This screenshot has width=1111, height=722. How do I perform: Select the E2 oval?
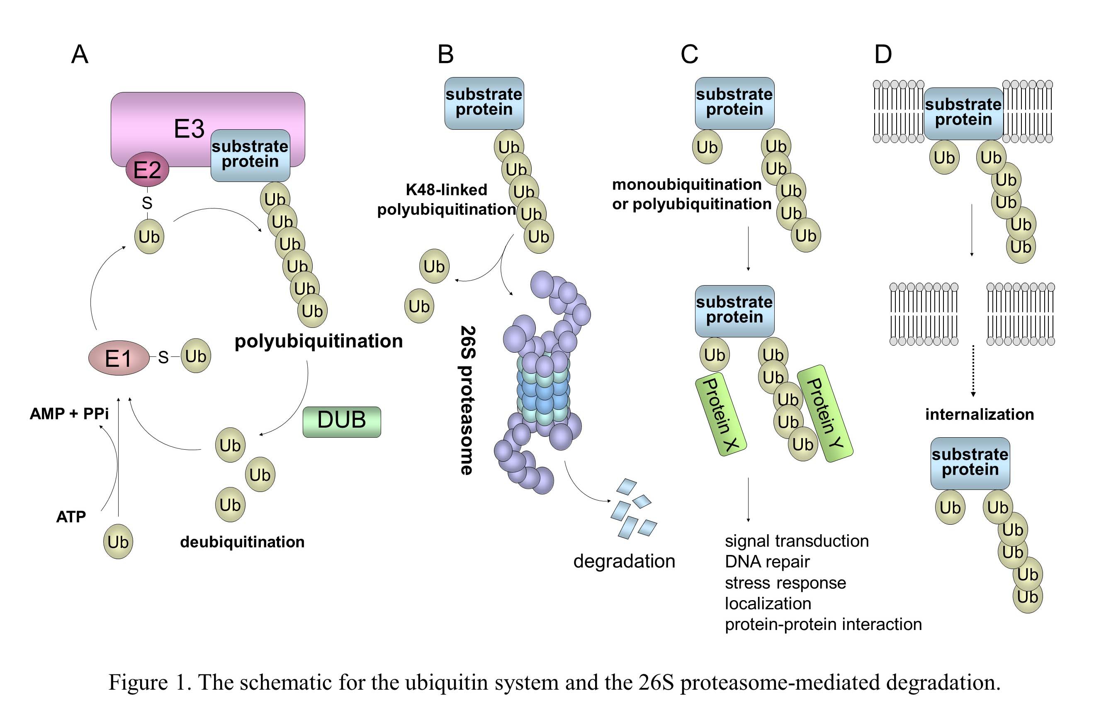tap(147, 169)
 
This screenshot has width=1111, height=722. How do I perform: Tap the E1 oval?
tap(119, 358)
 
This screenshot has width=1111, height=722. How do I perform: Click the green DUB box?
tap(342, 421)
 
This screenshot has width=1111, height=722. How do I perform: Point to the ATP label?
tap(71, 517)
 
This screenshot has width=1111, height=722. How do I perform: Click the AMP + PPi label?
tap(69, 414)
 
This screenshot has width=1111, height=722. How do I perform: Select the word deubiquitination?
tap(242, 542)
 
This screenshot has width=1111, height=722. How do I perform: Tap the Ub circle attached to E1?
tap(196, 356)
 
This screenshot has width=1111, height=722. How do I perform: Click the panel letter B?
tap(445, 55)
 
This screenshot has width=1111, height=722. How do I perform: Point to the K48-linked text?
tap(446, 190)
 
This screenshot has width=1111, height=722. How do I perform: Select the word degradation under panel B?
tap(624, 561)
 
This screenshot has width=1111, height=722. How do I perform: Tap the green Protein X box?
tap(720, 414)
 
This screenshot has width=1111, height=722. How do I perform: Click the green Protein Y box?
tap(825, 413)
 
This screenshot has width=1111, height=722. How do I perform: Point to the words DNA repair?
tap(767, 562)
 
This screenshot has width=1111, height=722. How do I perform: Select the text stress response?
tap(785, 583)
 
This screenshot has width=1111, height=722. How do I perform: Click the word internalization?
tap(980, 414)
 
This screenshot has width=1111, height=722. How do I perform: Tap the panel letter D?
tap(883, 55)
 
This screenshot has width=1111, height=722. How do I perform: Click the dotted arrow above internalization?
tap(973, 371)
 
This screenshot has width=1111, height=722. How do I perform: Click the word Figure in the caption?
tap(138, 682)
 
